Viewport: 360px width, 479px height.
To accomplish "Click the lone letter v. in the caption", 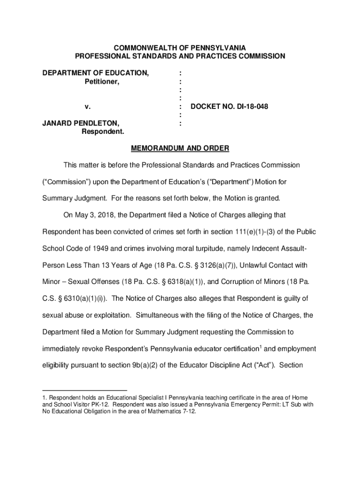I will pyautogui.click(x=87, y=107).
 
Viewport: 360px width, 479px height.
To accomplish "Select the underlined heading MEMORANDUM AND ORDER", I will pyautogui.click(x=180, y=149).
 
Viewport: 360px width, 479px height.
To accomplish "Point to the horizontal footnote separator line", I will pyautogui.click(x=85, y=390).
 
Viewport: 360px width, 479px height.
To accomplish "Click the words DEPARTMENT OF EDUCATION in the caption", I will pyautogui.click(x=96, y=73).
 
